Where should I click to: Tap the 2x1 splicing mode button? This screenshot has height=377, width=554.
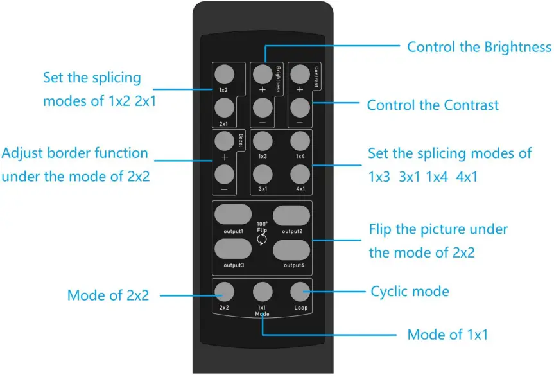223,107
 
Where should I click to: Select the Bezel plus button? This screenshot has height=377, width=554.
223,139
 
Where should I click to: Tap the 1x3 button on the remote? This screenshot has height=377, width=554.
263,141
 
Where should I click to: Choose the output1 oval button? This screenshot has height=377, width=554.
232,214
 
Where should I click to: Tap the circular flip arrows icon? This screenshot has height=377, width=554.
262,240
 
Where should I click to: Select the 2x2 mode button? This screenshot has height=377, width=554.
224,292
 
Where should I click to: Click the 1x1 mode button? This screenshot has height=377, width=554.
262,292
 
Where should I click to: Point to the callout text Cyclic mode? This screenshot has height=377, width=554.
410,292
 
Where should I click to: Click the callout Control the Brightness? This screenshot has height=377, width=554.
479,47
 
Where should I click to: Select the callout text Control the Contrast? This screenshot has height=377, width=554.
432,105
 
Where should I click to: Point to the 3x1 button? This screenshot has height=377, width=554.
263,174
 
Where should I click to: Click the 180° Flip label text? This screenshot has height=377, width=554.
262,226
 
